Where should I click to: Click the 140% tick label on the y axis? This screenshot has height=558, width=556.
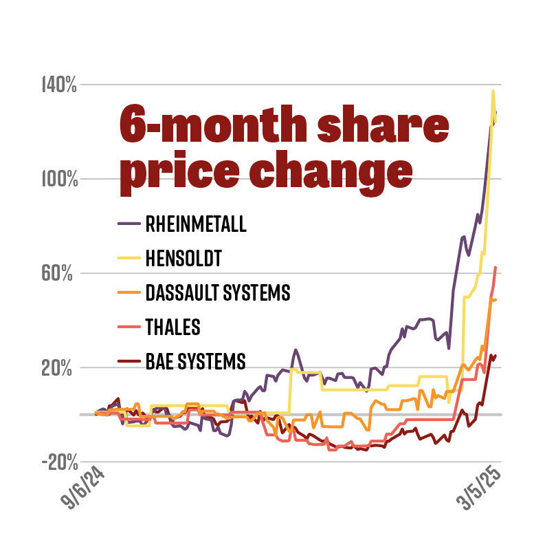(x=59, y=86)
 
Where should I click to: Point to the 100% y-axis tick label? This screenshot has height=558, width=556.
(x=59, y=180)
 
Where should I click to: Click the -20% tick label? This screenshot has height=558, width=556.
(x=59, y=462)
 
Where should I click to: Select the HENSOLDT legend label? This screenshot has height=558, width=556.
(x=184, y=259)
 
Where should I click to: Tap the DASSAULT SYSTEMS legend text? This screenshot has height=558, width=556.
(x=218, y=293)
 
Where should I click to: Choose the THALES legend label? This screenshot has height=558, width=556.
(x=173, y=328)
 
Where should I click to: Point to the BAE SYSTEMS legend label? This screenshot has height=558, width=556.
(x=195, y=361)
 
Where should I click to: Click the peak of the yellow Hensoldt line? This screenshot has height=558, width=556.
(x=493, y=91)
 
